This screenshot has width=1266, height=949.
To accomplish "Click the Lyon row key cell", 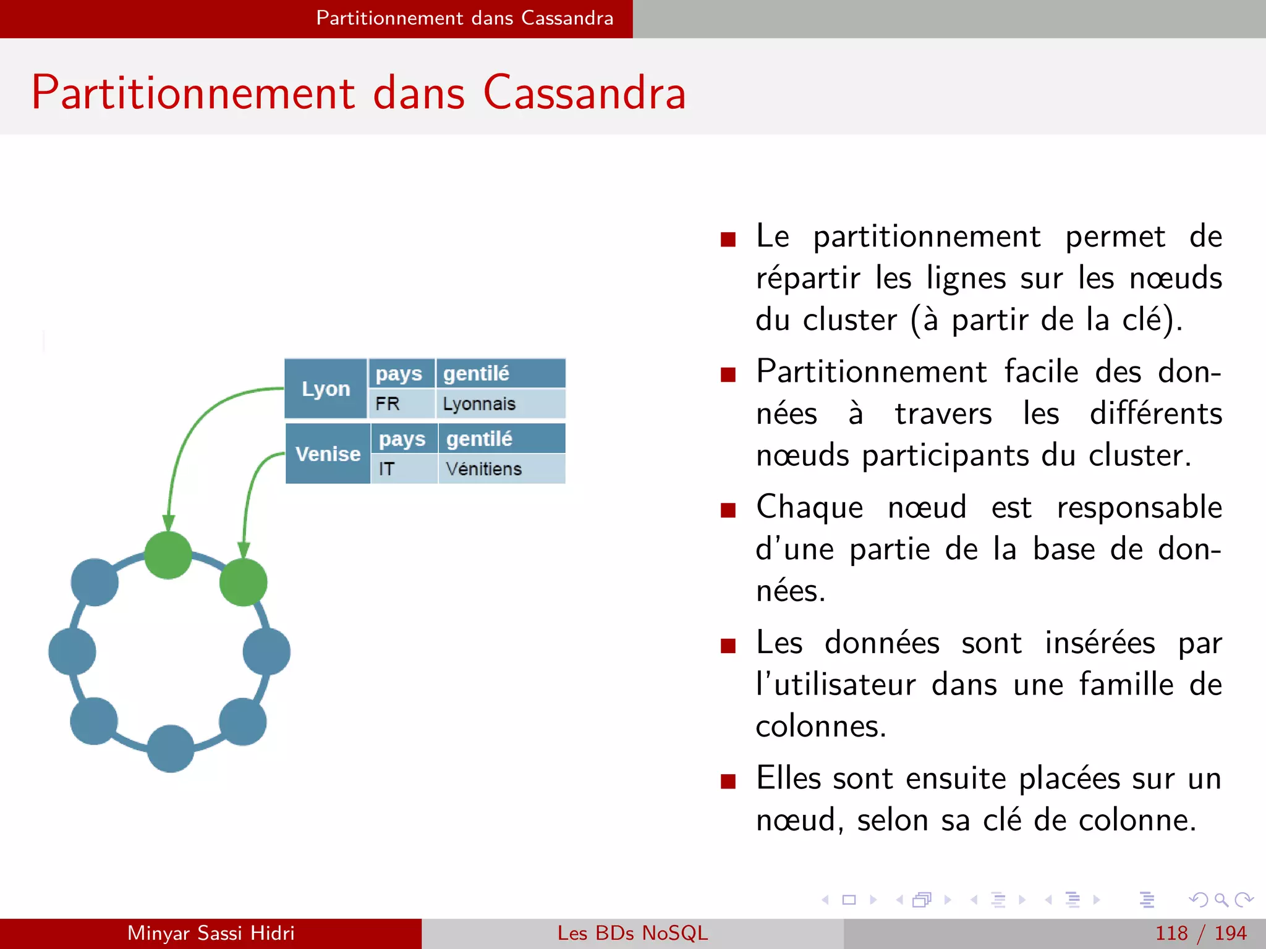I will click(x=326, y=389).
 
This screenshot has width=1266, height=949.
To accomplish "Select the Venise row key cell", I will click(x=328, y=454).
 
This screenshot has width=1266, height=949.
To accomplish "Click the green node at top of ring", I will click(x=168, y=555).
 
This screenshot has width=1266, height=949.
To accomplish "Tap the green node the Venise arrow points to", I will click(x=244, y=582).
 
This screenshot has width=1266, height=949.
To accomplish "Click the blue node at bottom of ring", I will click(x=171, y=748).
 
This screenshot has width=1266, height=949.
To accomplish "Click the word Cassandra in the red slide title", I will click(x=584, y=93).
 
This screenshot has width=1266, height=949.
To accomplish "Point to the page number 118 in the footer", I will click(x=1171, y=933).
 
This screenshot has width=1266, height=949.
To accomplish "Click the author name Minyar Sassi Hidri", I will click(x=211, y=933).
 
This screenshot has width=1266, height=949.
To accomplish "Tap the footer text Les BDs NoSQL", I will click(x=632, y=933).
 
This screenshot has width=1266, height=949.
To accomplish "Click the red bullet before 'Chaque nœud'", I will click(x=728, y=510).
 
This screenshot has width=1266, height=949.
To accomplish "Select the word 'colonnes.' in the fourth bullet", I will click(x=821, y=727).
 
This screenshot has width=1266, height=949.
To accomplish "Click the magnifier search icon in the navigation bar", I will click(x=1221, y=900).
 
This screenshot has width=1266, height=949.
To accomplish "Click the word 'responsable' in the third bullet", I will click(x=1139, y=508).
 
